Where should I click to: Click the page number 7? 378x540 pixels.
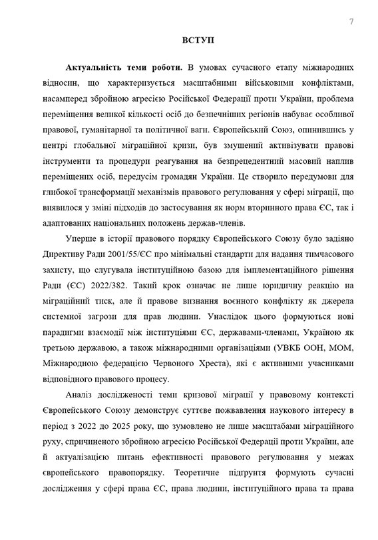tap(351, 21)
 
